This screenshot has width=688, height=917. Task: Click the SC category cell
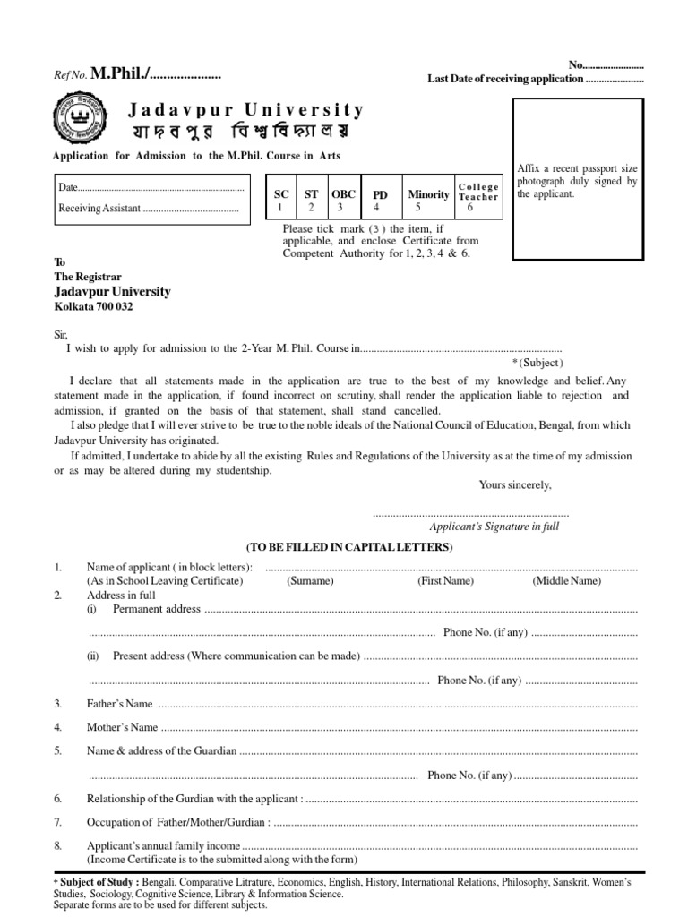(280, 200)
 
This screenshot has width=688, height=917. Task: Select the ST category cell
(311, 200)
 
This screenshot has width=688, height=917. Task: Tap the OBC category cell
(343, 200)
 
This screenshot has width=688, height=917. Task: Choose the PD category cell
(380, 200)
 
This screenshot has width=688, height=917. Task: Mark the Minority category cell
(428, 200)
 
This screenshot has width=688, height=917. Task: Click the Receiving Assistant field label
(99, 209)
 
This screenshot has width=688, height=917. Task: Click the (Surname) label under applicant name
(310, 580)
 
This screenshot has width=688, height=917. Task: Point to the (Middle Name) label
(567, 580)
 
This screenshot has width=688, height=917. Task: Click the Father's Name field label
(119, 704)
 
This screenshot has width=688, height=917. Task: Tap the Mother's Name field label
(122, 727)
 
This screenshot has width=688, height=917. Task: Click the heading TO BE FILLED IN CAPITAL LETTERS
(349, 547)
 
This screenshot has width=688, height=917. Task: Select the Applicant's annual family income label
(163, 845)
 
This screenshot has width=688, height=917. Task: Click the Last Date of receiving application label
(504, 80)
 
